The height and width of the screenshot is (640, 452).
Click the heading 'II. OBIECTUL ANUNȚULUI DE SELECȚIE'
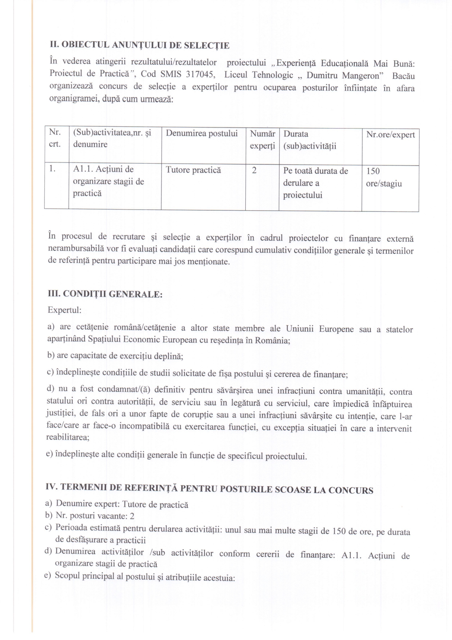tap(140, 45)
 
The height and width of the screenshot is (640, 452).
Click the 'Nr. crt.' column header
tap(55, 138)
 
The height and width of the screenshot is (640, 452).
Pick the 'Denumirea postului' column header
tap(202, 134)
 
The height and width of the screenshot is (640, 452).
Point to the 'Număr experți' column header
tap(262, 139)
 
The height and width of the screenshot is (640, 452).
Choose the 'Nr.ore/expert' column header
tap(390, 135)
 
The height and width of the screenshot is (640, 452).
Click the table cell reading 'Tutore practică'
tap(193, 170)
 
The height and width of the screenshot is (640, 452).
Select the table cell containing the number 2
tap(254, 170)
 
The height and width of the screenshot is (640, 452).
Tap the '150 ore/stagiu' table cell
tap(384, 177)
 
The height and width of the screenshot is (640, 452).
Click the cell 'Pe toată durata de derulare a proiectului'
tap(315, 183)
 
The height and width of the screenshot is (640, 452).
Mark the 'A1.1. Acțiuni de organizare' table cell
tap(108, 181)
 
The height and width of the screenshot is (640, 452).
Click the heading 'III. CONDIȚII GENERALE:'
tap(105, 294)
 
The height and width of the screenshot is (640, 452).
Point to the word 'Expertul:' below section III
tap(65, 310)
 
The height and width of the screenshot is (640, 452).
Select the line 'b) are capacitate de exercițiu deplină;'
tap(115, 356)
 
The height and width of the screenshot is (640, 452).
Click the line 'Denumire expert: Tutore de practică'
tap(122, 504)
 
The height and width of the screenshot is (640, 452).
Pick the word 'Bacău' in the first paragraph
tap(404, 76)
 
